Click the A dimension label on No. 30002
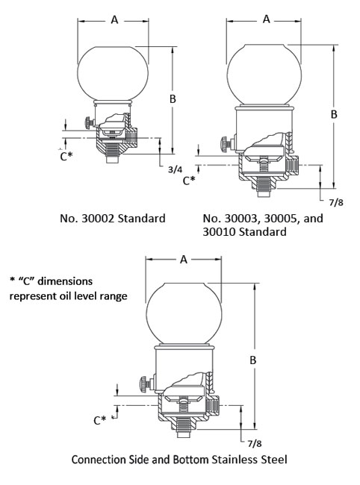coord(114,20)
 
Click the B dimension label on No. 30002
coord(173,98)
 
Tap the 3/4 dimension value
coord(176,170)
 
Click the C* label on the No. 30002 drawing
coord(67,157)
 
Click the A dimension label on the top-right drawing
coord(266,20)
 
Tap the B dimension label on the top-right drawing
coord(335,114)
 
